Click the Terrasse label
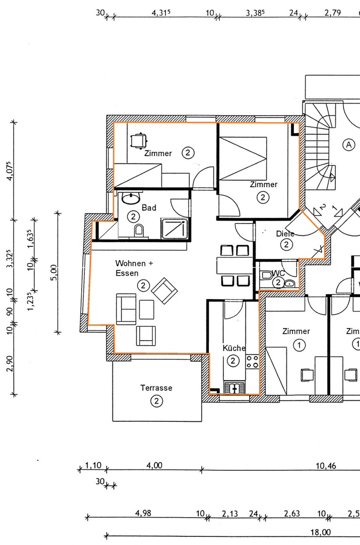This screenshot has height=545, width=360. tap(156, 388)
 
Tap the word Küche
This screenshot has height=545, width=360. tap(234, 348)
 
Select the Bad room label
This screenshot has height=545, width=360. tap(149, 207)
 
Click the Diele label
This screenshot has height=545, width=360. tap(285, 234)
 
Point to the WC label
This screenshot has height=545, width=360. tap(278, 273)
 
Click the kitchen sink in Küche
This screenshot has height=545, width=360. tap(235, 388)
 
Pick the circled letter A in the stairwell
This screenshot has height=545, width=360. tap(348, 145)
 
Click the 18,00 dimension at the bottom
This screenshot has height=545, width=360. tap(320, 532)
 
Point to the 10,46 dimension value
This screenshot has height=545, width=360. tap(325, 466)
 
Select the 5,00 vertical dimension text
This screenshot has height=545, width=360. tap(54, 272)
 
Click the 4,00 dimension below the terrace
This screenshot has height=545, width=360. tap(154, 466)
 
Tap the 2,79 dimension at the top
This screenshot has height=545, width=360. tap(332, 13)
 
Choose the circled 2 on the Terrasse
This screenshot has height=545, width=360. tap(157, 401)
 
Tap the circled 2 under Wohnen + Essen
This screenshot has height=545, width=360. tap(143, 286)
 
